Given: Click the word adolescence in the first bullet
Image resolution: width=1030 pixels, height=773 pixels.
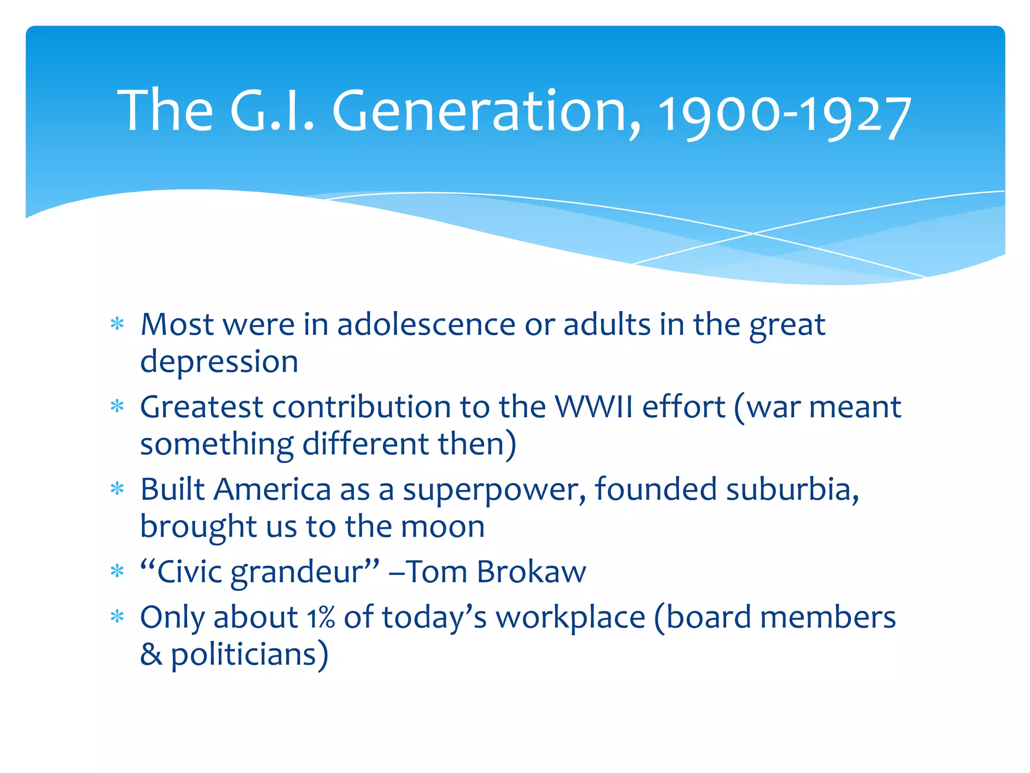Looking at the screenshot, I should (x=426, y=325).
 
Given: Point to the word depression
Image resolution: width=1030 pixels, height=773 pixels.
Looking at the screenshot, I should (x=219, y=362).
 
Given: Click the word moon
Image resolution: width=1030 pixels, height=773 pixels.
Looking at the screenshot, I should (x=443, y=527).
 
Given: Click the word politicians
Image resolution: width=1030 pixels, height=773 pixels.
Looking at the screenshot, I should (x=243, y=655).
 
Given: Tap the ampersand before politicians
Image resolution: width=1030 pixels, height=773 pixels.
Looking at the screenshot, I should (x=151, y=655).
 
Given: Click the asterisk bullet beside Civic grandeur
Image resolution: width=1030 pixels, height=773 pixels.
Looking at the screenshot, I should (x=117, y=571).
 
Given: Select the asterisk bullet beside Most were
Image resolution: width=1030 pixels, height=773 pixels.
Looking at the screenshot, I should (x=117, y=324).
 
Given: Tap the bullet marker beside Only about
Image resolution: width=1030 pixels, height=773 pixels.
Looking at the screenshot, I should (x=117, y=616).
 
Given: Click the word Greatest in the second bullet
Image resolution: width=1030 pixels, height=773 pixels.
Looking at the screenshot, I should (x=201, y=407).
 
